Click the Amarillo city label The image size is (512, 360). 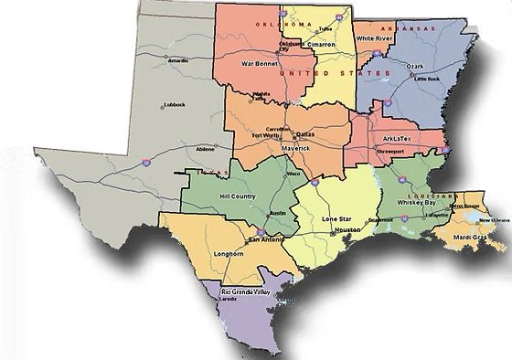[x=178, y=60]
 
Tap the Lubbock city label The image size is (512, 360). [x=174, y=104]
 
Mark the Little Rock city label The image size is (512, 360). [x=427, y=79]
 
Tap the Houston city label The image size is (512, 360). [x=348, y=229]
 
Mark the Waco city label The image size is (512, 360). [x=293, y=174]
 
